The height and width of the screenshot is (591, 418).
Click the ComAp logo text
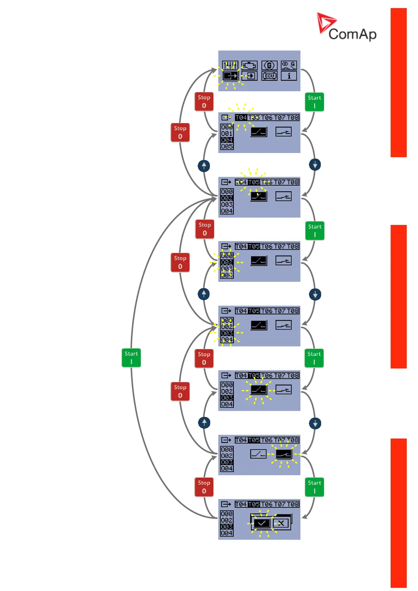pos(352,34)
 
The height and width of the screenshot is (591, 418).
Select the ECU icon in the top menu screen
pos(270,76)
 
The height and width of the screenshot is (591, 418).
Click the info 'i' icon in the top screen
pos(289,76)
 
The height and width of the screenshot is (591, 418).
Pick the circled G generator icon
pos(270,65)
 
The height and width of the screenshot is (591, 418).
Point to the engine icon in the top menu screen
pos(249,65)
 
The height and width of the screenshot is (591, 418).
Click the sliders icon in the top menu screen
pos(230,65)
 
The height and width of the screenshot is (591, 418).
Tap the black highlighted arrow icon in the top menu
pos(230,76)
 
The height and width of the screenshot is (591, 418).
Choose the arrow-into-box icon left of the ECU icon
pos(250,76)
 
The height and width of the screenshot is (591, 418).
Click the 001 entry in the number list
pos(227,134)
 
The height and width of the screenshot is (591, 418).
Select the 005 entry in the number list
pos(227,146)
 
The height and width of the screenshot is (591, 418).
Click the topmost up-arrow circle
pos(204,166)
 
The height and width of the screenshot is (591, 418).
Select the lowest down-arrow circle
pos(315,424)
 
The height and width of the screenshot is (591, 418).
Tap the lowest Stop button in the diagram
pos(204,487)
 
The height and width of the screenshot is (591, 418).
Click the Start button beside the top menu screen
pos(314,102)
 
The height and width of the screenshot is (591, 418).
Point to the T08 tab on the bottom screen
pos(293,504)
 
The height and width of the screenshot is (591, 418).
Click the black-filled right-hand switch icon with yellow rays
pos(284,454)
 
